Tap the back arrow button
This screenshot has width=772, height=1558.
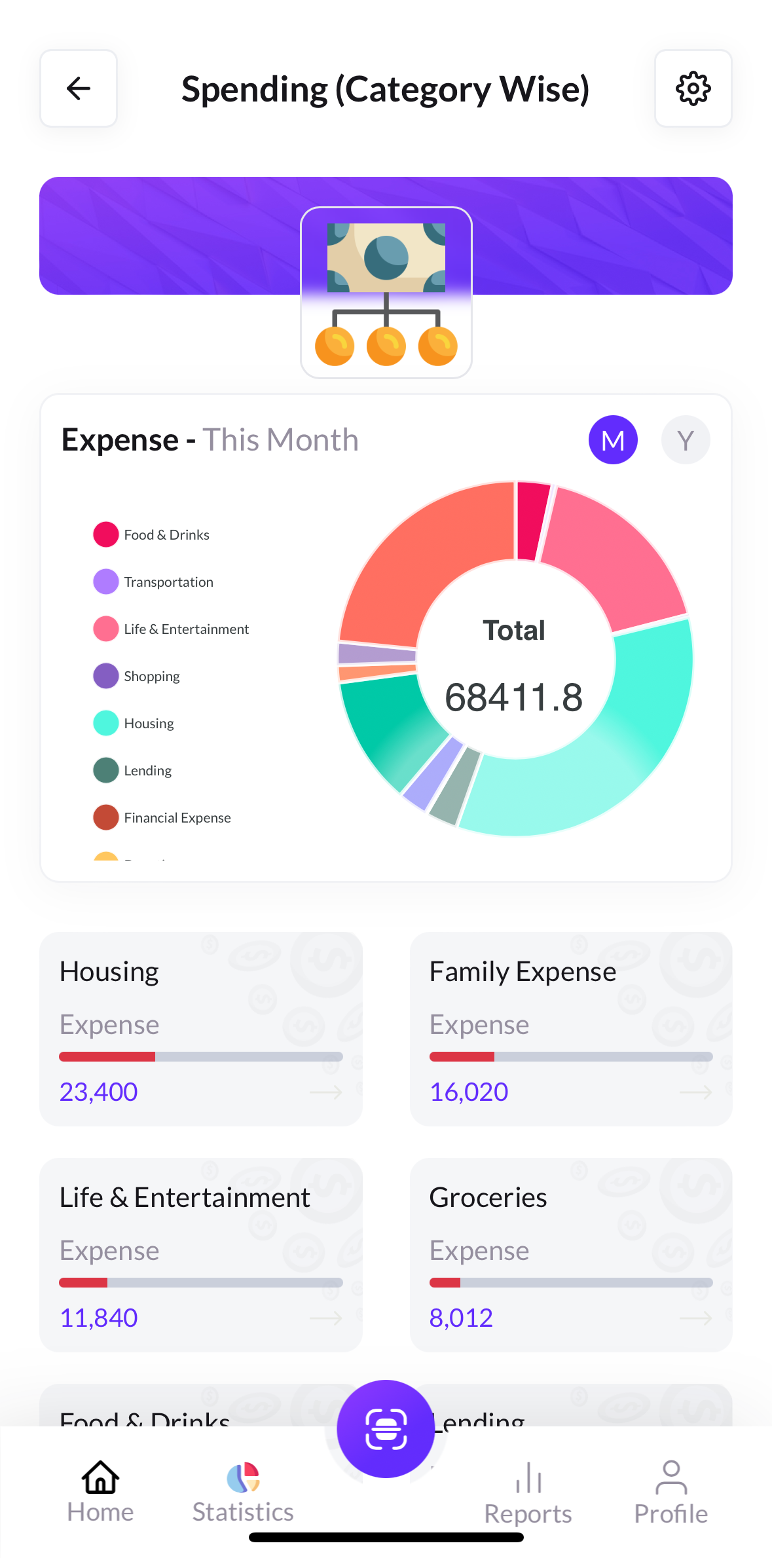pos(79,88)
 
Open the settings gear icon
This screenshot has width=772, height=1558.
pos(693,88)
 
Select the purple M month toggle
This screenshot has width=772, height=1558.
pos(613,440)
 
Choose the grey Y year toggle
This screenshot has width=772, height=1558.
pos(686,440)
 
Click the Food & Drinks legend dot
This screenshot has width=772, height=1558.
pos(106,534)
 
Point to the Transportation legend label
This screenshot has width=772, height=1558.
pos(168,582)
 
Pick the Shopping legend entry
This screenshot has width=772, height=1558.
pos(151,677)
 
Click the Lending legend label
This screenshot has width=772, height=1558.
pos(147,771)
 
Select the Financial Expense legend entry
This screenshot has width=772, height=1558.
pos(177,818)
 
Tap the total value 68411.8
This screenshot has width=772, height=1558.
pos(513,697)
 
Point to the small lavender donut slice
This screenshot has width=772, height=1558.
pos(377,653)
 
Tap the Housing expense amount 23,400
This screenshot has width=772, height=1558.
pos(99,1092)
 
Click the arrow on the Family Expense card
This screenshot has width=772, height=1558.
pos(695,1092)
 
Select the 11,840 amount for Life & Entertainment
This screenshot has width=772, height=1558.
pos(99,1318)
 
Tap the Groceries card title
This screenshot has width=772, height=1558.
pos(488,1197)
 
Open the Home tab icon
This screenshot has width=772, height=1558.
pos(100,1477)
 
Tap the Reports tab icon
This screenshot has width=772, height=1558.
pos(528,1479)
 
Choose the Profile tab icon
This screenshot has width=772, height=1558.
pos(671,1477)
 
